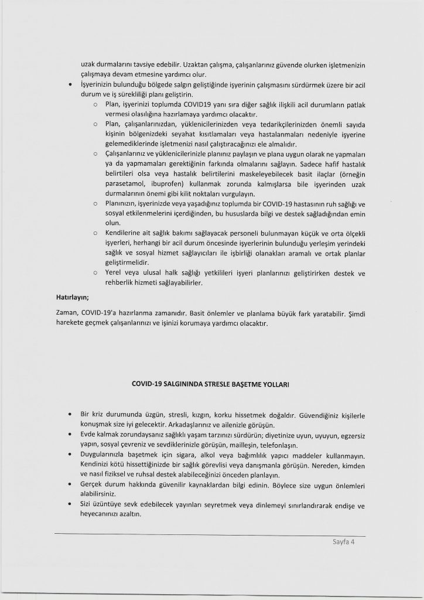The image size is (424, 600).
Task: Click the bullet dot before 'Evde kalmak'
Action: [71, 435]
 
